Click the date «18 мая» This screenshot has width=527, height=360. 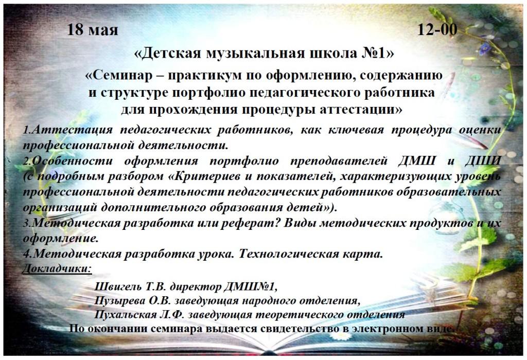[93, 29]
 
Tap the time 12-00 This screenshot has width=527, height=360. [437, 29]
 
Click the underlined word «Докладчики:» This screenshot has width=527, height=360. [57, 268]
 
